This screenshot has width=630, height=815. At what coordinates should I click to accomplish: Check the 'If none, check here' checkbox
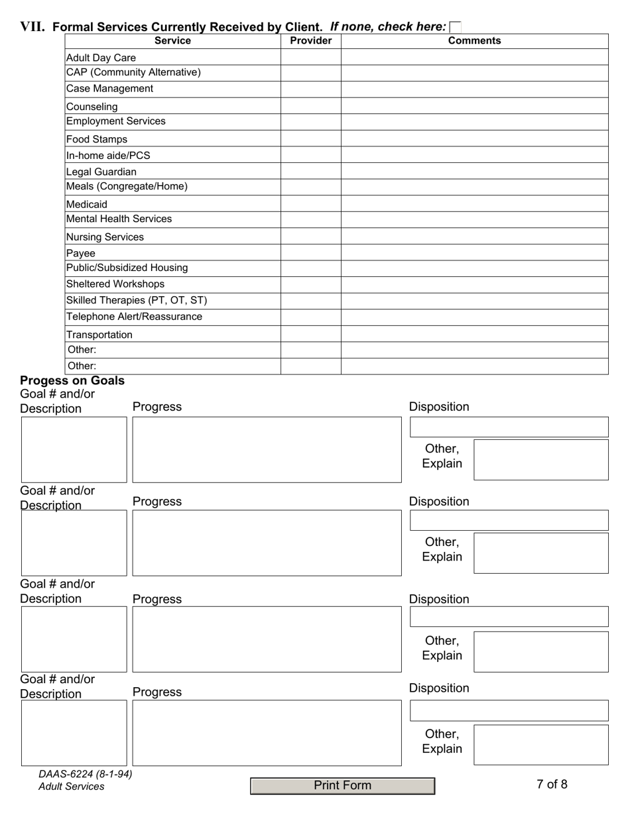(x=455, y=27)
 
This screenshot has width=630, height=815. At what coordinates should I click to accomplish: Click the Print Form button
(x=342, y=786)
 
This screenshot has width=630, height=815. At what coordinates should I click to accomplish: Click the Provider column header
(x=310, y=41)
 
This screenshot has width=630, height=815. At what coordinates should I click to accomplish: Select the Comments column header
(x=474, y=41)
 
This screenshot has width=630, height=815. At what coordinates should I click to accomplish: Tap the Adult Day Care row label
(x=101, y=58)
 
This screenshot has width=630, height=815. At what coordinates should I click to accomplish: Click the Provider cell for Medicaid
(x=310, y=203)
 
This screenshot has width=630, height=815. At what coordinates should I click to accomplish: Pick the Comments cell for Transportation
(x=474, y=334)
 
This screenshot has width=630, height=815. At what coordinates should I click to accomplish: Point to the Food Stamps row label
(x=97, y=139)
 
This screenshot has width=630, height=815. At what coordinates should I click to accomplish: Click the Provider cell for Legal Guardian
(x=310, y=171)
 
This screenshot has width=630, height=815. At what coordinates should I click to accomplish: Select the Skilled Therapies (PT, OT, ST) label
(x=137, y=300)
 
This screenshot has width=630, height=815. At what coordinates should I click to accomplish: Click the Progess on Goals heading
(x=72, y=381)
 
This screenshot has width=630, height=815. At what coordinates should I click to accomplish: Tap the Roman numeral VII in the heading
(x=32, y=27)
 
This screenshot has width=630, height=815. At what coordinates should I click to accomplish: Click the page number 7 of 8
(x=552, y=785)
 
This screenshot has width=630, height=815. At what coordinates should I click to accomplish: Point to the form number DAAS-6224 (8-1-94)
(x=86, y=774)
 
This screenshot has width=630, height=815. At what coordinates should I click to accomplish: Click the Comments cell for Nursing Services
(x=474, y=236)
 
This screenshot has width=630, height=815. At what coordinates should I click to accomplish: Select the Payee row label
(x=81, y=253)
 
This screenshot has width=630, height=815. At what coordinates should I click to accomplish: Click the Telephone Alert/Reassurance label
(x=134, y=317)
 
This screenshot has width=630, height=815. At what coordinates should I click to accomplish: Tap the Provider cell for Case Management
(x=310, y=89)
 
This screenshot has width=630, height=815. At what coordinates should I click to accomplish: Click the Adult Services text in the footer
(x=72, y=787)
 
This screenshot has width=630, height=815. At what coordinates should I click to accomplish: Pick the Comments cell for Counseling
(x=474, y=106)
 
